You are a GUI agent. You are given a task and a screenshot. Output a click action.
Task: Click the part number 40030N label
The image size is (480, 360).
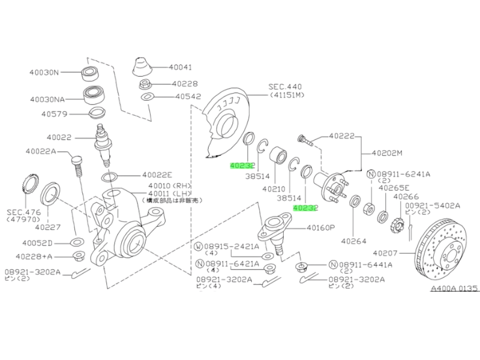(x=44, y=73)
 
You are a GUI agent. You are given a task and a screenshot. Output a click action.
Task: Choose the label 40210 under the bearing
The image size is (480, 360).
(x=274, y=188)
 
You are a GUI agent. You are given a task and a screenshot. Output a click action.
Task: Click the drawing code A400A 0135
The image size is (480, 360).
(x=454, y=289)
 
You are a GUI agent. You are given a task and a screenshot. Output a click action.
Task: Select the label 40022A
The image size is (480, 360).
(x=41, y=151)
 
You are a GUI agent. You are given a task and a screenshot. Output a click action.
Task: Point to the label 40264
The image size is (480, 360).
(x=353, y=241)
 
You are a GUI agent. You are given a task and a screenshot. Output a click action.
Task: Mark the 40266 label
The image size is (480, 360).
(x=406, y=196)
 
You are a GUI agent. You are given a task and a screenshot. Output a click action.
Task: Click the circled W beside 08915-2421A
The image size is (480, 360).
(x=199, y=246)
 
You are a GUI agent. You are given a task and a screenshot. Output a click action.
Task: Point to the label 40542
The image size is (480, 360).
(x=188, y=96)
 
